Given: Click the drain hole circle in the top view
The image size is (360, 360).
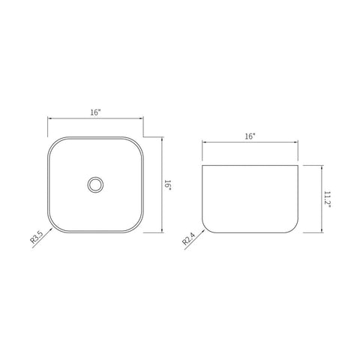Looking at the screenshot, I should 94,184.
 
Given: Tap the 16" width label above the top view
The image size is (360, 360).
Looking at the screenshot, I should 94,112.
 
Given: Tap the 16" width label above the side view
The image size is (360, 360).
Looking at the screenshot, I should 250,137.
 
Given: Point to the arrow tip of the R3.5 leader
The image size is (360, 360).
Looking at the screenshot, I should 52,226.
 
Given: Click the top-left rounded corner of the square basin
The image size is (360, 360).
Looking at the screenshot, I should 54,143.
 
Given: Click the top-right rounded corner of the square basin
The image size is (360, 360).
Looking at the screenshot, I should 136,143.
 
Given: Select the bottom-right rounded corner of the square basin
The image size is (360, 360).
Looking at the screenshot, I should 136,226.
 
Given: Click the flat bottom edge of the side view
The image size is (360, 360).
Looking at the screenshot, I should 250,232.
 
